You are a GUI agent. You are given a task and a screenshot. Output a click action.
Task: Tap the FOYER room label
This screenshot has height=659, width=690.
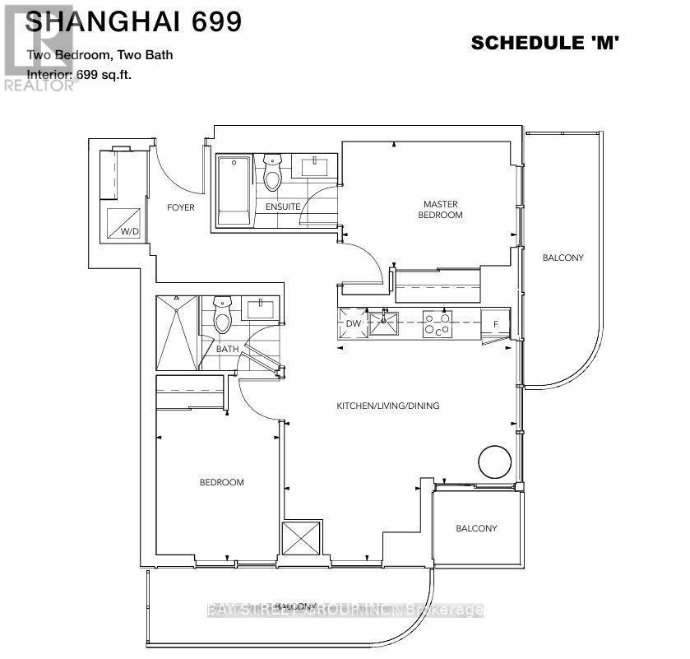click(181, 207)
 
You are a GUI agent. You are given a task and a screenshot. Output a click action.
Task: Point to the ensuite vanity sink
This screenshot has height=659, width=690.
click(317, 168)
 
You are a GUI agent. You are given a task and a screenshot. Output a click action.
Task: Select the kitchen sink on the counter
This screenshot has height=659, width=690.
click(383, 323)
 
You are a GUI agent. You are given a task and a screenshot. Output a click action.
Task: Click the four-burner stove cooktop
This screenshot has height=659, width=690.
click(437, 324)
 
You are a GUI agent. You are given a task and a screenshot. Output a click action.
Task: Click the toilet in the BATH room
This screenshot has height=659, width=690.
click(222, 316)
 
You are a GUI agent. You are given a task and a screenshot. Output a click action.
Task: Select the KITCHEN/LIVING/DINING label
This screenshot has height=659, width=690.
click(387, 406)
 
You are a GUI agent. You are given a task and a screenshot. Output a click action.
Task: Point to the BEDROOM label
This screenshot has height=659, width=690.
click(222, 482)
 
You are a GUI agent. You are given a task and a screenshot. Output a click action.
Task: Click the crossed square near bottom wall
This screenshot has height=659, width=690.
click(297, 539)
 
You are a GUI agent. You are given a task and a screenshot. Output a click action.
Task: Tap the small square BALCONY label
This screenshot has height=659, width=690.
click(477, 528)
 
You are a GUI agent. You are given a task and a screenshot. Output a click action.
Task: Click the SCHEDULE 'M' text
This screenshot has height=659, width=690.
click(544, 44)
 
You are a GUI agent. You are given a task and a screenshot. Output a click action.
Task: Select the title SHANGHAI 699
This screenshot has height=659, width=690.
click(134, 22)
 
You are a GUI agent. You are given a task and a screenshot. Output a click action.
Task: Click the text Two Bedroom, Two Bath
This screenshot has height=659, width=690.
click(100, 56)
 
